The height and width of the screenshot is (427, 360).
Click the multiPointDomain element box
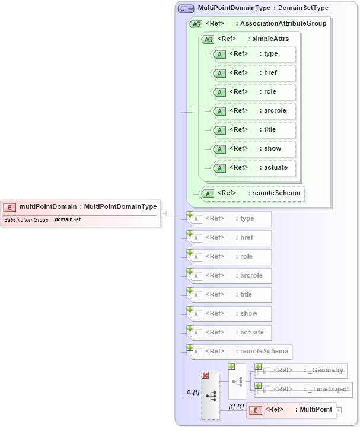coord(81,207)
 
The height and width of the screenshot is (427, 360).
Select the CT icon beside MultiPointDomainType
coord(186,8)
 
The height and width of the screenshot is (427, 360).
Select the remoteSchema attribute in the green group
coord(252,193)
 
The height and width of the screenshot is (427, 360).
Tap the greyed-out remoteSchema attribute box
coord(240,352)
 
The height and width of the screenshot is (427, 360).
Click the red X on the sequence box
coord(205,375)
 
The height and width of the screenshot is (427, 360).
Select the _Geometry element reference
coord(301,371)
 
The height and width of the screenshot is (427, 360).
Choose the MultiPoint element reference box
coord(291,410)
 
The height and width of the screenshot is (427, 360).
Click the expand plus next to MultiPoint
coord(339,410)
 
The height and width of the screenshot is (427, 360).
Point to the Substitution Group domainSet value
coord(68,219)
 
